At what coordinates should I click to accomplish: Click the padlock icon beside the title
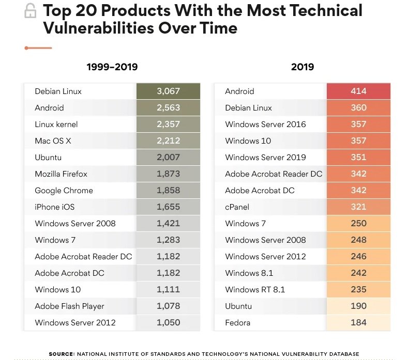pyautogui.click(x=30, y=11)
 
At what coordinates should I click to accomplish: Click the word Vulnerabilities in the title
pyautogui.click(x=99, y=28)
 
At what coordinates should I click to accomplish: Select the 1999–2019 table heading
pyautogui.click(x=112, y=67)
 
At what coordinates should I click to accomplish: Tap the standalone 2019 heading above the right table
pyautogui.click(x=303, y=67)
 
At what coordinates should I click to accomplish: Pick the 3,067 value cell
pyautogui.click(x=169, y=91)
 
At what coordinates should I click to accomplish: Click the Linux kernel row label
pyautogui.click(x=56, y=124)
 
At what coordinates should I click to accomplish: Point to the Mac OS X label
pyautogui.click(x=53, y=141)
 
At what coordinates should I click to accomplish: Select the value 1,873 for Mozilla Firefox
pyautogui.click(x=169, y=174)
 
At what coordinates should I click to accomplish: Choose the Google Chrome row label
pyautogui.click(x=64, y=191)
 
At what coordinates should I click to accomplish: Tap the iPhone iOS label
pyautogui.click(x=55, y=207)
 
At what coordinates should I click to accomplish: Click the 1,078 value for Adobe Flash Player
pyautogui.click(x=169, y=306)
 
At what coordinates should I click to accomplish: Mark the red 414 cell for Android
pyautogui.click(x=358, y=91)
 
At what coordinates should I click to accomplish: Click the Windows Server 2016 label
pyautogui.click(x=265, y=124)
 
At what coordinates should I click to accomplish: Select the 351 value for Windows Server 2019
pyautogui.click(x=358, y=157)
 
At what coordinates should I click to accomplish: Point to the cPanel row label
pyautogui.click(x=237, y=207)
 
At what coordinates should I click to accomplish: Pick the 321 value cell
pyautogui.click(x=358, y=207)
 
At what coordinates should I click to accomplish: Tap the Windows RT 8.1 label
pyautogui.click(x=255, y=290)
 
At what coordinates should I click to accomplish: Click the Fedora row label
pyautogui.click(x=237, y=323)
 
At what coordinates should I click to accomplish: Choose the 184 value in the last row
pyautogui.click(x=358, y=323)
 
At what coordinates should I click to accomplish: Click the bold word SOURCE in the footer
pyautogui.click(x=62, y=354)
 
